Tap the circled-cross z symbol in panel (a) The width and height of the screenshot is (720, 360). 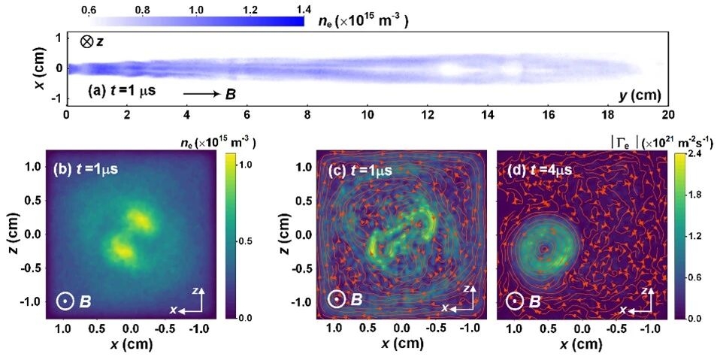[87, 42]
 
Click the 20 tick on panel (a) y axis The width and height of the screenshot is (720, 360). [667, 115]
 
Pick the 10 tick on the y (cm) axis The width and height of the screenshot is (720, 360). [368, 115]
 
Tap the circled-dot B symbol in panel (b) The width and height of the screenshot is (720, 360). [65, 301]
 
